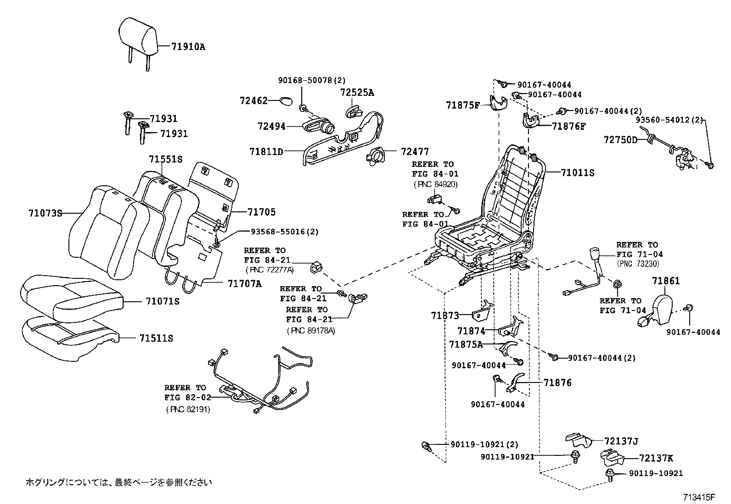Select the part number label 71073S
tap(45, 213)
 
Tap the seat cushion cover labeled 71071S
tap(69, 298)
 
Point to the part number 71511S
tap(156, 338)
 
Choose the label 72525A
tap(357, 92)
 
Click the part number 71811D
tap(266, 151)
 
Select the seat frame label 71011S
tap(577, 173)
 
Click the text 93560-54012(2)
tap(669, 120)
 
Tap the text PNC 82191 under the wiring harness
tap(188, 410)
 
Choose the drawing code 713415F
tap(699, 497)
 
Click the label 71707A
tap(244, 284)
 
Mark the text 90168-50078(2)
tap(311, 80)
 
